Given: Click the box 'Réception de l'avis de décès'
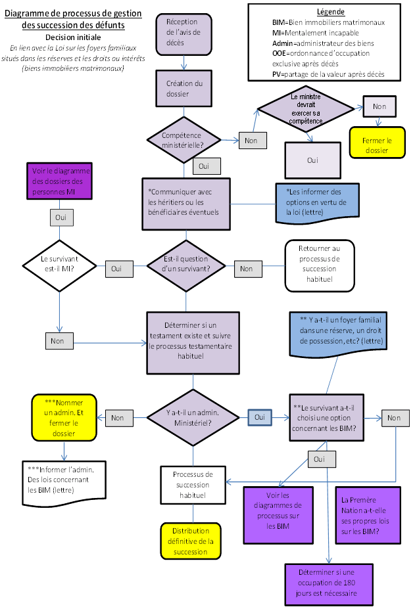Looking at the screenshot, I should coord(184,33).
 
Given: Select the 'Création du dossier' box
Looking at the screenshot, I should coord(184,88).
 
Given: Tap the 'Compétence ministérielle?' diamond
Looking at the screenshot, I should coord(184,139).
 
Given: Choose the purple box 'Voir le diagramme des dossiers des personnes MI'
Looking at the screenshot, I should coord(59,181).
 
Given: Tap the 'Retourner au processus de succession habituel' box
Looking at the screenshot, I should coord(319,265).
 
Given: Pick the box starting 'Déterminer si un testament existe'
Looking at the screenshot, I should coord(192,342).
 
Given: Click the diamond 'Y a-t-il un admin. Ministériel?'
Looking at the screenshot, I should coord(193,417).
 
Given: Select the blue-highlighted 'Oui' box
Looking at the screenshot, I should coord(259,417).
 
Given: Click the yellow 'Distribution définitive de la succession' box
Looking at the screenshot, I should coord(191,540).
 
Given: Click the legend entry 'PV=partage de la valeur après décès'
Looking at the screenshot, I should coord(328,74).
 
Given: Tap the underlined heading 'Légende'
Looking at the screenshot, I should coord(330,12).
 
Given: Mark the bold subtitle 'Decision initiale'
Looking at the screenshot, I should coord(73,37).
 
